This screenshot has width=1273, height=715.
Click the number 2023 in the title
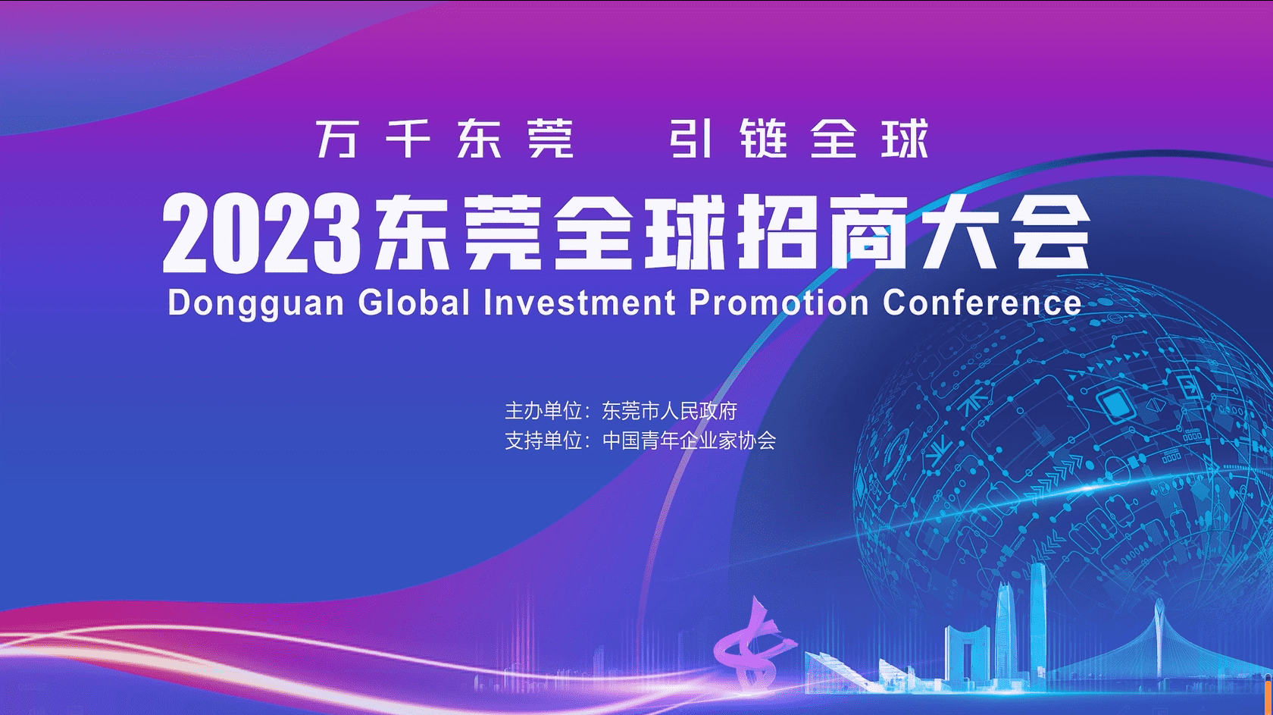(262, 234)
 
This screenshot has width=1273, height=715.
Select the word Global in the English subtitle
(414, 302)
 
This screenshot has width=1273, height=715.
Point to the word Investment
(579, 302)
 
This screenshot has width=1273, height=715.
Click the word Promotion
(779, 302)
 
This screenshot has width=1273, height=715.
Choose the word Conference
(982, 302)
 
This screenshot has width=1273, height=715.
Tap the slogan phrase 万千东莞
(445, 139)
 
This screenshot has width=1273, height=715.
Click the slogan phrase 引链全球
(799, 138)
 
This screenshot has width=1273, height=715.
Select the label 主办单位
(543, 411)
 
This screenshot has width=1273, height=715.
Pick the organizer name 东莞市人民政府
(670, 411)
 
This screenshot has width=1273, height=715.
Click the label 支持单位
(543, 441)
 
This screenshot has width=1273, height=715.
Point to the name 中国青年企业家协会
(689, 441)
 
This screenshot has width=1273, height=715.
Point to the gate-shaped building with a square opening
(965, 654)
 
